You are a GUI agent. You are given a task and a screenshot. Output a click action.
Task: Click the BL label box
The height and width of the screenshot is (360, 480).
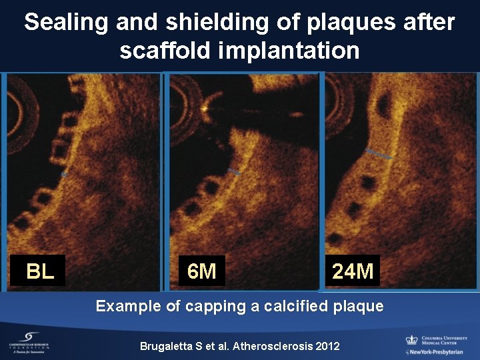40,271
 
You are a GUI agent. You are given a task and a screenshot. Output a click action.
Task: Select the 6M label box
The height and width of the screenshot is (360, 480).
201,271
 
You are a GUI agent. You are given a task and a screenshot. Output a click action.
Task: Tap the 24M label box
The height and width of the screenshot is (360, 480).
353,271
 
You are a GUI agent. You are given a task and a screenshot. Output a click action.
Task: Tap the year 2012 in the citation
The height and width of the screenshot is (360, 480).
327,346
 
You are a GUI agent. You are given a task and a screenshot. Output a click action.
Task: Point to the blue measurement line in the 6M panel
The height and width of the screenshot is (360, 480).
233,172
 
